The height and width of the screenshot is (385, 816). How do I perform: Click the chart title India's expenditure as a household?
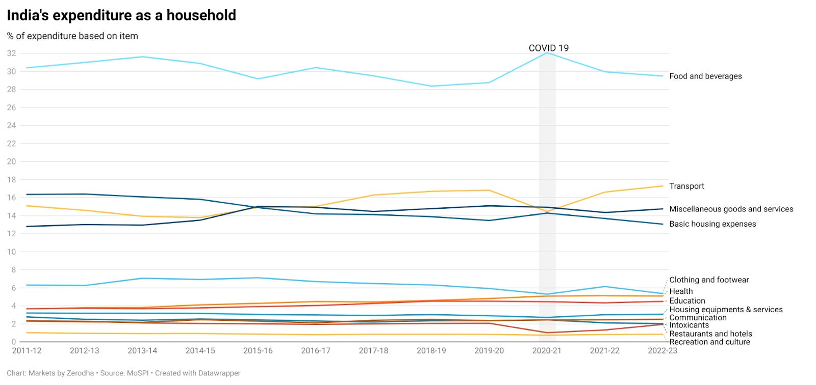[x=121, y=15]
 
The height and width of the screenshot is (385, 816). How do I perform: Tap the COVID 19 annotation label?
[x=548, y=48]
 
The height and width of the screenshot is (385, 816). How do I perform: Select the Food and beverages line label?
[x=705, y=76]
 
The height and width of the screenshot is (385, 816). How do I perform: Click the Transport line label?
[x=686, y=186]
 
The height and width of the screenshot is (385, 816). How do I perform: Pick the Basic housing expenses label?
[x=712, y=224]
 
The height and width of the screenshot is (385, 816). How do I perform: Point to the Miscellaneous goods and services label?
[x=731, y=209]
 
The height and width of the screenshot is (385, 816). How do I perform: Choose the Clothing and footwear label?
[x=709, y=280]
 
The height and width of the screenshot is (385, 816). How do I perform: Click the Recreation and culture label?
[x=709, y=342]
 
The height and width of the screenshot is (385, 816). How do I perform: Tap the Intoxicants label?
[x=688, y=325]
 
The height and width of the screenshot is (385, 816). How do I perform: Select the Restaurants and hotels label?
[x=710, y=334]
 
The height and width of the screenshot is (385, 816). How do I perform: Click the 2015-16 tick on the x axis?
[x=258, y=351]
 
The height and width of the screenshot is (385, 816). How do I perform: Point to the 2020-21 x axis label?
[x=547, y=351]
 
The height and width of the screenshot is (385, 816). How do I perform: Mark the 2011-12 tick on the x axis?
[x=27, y=351]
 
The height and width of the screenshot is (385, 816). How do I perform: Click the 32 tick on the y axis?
[x=11, y=53]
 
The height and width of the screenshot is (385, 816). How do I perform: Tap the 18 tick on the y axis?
[x=11, y=180]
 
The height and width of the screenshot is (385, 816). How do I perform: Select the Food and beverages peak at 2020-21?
[x=547, y=53]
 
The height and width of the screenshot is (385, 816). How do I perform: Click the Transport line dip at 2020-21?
[x=547, y=211]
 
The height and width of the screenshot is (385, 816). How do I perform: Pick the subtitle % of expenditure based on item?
[x=72, y=36]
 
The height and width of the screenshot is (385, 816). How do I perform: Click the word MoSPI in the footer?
[x=137, y=373]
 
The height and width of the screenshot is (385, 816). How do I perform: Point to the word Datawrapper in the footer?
[x=218, y=373]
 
